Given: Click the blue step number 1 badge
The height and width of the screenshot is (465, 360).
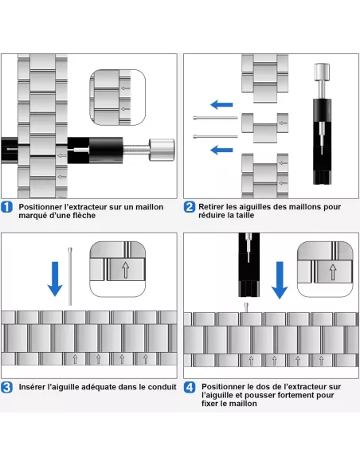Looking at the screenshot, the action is (x=6, y=207).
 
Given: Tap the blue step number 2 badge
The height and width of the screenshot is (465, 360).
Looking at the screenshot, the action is (x=190, y=207).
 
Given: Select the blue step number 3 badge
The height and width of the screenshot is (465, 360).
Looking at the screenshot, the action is (x=6, y=387).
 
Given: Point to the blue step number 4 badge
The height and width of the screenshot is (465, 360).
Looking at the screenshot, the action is (x=190, y=387).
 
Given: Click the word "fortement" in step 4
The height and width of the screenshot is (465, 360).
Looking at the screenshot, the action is (x=297, y=395).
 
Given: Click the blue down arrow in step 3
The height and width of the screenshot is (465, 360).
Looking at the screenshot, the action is (x=55, y=279).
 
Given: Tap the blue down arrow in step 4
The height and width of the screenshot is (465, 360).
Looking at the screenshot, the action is (x=280, y=280).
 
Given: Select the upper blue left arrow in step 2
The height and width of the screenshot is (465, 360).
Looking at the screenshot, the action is (x=221, y=104).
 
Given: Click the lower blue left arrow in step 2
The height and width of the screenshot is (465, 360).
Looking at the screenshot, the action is (x=221, y=150).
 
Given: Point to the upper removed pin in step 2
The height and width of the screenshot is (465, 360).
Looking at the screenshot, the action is (x=216, y=118).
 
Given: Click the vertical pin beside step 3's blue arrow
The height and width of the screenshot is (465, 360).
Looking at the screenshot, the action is (x=70, y=276).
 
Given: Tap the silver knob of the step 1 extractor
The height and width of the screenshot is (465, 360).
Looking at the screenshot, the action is (x=162, y=150).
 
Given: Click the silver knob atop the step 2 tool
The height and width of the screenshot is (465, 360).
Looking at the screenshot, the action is (x=322, y=72).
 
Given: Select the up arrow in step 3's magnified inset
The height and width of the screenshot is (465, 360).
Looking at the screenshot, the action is (x=125, y=270).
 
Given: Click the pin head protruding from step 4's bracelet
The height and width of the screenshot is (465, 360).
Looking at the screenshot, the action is (x=246, y=307).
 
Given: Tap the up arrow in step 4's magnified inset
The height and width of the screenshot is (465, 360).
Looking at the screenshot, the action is (x=333, y=272).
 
